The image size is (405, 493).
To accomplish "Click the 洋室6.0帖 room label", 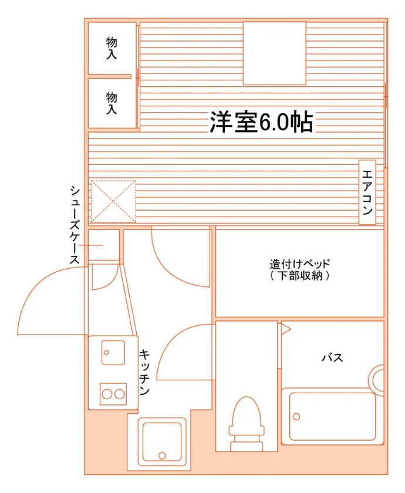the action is pos(261,121).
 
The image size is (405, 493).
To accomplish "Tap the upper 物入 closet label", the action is pos(112,48).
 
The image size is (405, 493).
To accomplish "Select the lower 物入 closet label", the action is pos(112,103).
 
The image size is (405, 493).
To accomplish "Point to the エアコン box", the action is pos(367,193).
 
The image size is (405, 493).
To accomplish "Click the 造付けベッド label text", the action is pos(300,263).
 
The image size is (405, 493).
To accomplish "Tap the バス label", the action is pos(332,357).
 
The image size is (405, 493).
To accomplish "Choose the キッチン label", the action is pos(144,372).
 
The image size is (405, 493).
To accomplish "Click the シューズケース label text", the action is pos(75,225).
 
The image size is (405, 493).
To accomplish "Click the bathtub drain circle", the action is pos(296,417).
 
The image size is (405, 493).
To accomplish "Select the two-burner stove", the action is pos(113,394).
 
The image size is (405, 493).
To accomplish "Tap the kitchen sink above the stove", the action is pos(113,352).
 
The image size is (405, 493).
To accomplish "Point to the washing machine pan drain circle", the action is pos(162,455).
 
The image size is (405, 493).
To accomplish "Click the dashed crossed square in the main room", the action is pos(113,201).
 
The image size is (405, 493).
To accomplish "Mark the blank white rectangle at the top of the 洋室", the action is pos(275,53).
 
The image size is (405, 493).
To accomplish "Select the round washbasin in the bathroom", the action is pos(377,380).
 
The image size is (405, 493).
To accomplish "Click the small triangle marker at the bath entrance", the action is pos(285,329).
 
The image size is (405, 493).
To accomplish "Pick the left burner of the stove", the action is pos(107,394).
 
